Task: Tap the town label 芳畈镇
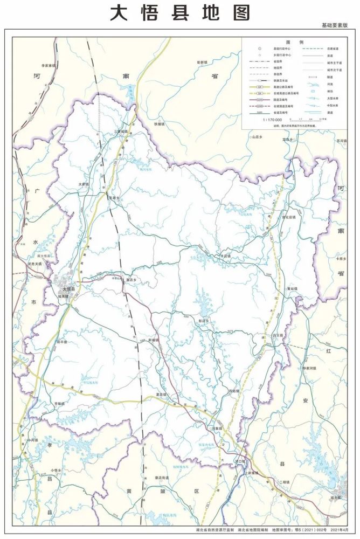coord(59,403)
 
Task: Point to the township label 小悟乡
coord(57,469)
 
